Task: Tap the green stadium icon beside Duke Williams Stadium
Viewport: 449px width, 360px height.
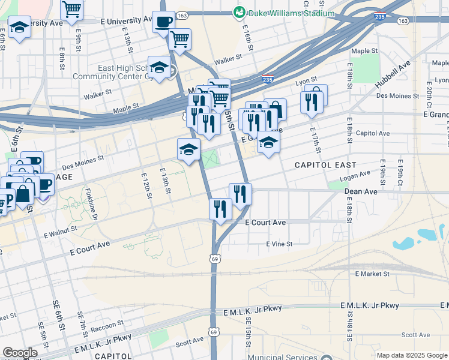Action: click(x=240, y=12)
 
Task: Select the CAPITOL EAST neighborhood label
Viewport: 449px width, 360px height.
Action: click(x=325, y=164)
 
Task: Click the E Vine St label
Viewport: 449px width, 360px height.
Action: click(x=279, y=244)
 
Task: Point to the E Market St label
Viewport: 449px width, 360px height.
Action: click(x=372, y=274)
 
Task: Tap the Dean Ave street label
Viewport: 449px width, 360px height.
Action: click(x=361, y=191)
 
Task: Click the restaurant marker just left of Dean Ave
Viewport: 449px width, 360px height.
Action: click(x=240, y=193)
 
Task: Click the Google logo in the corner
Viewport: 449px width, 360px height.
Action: click(x=20, y=353)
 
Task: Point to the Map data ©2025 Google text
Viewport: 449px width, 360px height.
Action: click(x=412, y=355)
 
